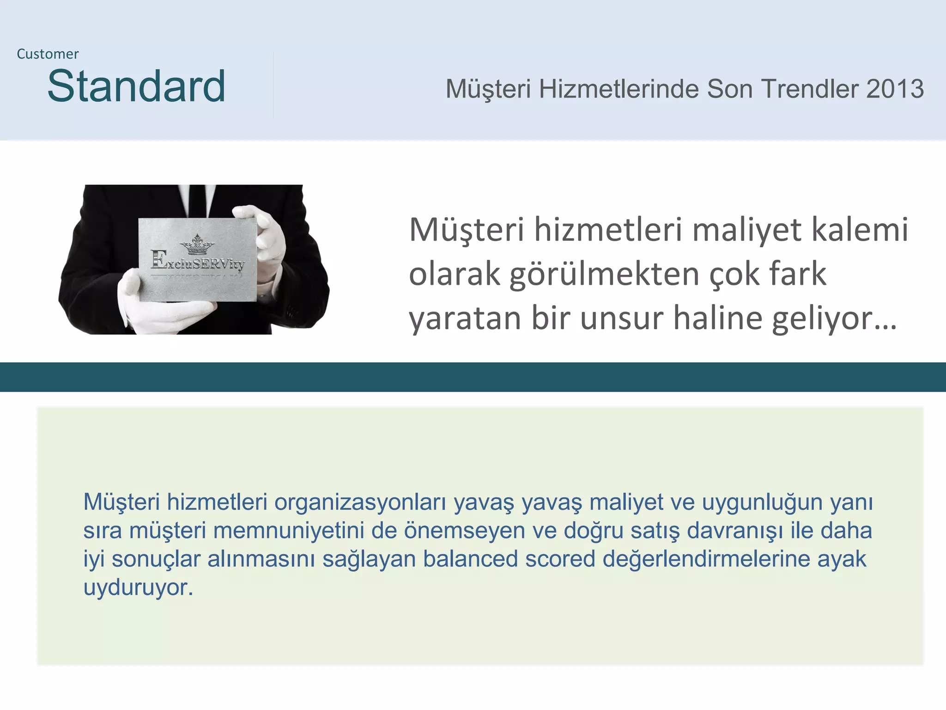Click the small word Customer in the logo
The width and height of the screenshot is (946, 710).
[48, 54]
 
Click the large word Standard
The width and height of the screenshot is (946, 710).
[136, 86]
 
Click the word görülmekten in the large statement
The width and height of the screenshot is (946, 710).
[605, 275]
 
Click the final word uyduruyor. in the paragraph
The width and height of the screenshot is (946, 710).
[138, 588]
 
